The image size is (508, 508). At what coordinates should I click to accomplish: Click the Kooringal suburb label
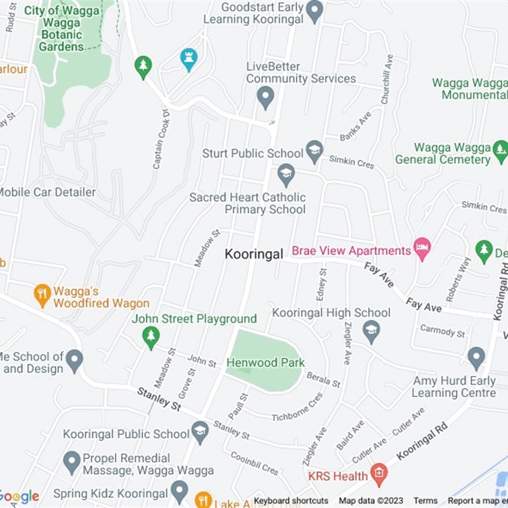pyautogui.click(x=254, y=254)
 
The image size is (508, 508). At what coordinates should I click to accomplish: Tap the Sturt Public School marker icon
pyautogui.click(x=314, y=151)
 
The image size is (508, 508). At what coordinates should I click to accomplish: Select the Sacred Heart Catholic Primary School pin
pyautogui.click(x=286, y=174)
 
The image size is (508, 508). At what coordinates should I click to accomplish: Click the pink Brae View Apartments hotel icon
pyautogui.click(x=422, y=248)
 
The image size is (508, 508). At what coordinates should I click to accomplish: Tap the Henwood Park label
pyautogui.click(x=266, y=363)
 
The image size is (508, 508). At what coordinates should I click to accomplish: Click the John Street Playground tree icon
pyautogui.click(x=150, y=337)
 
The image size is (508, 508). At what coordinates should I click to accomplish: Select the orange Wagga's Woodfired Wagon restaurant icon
pyautogui.click(x=43, y=295)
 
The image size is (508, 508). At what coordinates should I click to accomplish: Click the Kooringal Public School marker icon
pyautogui.click(x=200, y=432)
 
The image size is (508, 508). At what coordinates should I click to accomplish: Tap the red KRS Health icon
pyautogui.click(x=379, y=473)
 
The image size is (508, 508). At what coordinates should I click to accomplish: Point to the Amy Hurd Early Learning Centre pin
pyautogui.click(x=476, y=358)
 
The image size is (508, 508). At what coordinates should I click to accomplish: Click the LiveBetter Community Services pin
pyautogui.click(x=265, y=97)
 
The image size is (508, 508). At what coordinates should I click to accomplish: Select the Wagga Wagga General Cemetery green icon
pyautogui.click(x=500, y=150)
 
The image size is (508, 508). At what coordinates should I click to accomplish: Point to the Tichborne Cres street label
pyautogui.click(x=297, y=408)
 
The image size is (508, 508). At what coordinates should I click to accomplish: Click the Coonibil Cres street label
pyautogui.click(x=254, y=463)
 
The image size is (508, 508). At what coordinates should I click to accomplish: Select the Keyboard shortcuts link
pyautogui.click(x=291, y=501)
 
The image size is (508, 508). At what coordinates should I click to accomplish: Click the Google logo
pyautogui.click(x=19, y=497)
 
